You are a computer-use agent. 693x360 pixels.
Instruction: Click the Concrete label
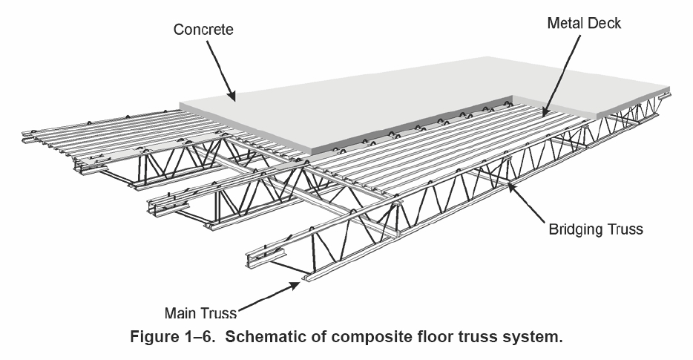[203, 30]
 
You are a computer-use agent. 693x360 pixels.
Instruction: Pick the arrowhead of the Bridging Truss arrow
[508, 186]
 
